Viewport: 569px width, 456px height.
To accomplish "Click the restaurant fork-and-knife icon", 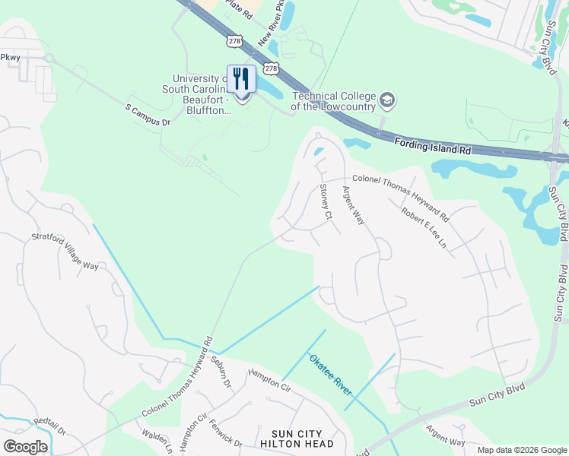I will click(x=241, y=78).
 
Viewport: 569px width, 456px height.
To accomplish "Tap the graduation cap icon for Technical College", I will click(x=388, y=100).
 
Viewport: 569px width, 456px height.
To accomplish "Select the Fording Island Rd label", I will click(x=432, y=146).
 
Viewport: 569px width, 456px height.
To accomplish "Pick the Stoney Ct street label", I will click(x=326, y=202).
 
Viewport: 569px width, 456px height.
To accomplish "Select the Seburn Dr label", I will click(x=221, y=370).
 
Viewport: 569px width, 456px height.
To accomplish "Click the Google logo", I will click(x=25, y=447).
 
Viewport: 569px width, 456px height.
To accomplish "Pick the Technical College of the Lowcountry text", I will click(x=335, y=101).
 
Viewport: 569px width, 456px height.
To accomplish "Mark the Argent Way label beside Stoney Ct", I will click(x=354, y=205).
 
